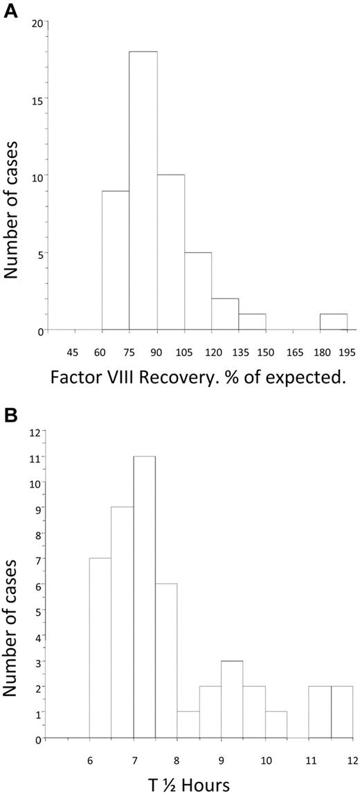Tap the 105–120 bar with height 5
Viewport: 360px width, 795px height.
(x=197, y=292)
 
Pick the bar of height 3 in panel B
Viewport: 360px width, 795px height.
(x=232, y=699)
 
